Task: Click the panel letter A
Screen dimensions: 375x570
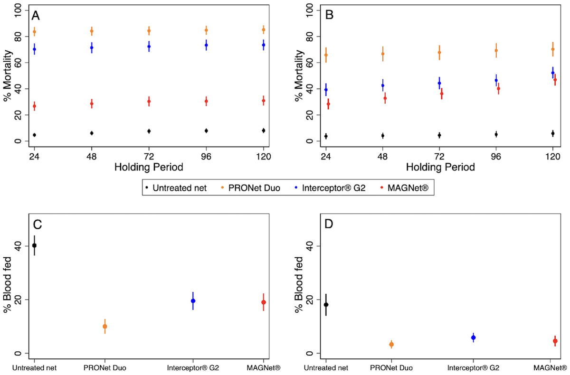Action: point(36,16)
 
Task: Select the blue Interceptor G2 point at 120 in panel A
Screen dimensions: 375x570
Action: point(264,45)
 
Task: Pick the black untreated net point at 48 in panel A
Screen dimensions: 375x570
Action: point(92,133)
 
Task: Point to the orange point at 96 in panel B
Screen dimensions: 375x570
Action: point(496,50)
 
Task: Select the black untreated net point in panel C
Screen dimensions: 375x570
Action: point(34,245)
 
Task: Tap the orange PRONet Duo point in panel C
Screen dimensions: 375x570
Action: point(105,326)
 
